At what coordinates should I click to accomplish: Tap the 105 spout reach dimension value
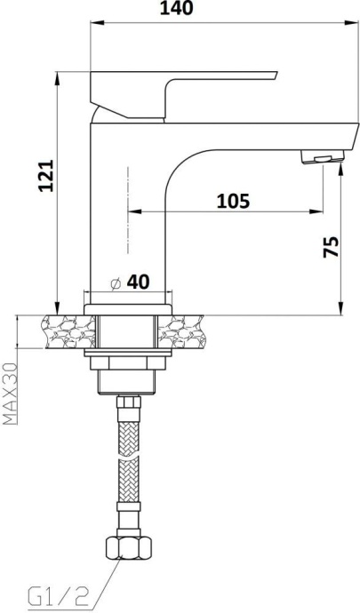pyautogui.click(x=233, y=201)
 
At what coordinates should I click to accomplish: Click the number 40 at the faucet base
pyautogui.click(x=138, y=283)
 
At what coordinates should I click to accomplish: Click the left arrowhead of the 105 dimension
pyautogui.click(x=132, y=212)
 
